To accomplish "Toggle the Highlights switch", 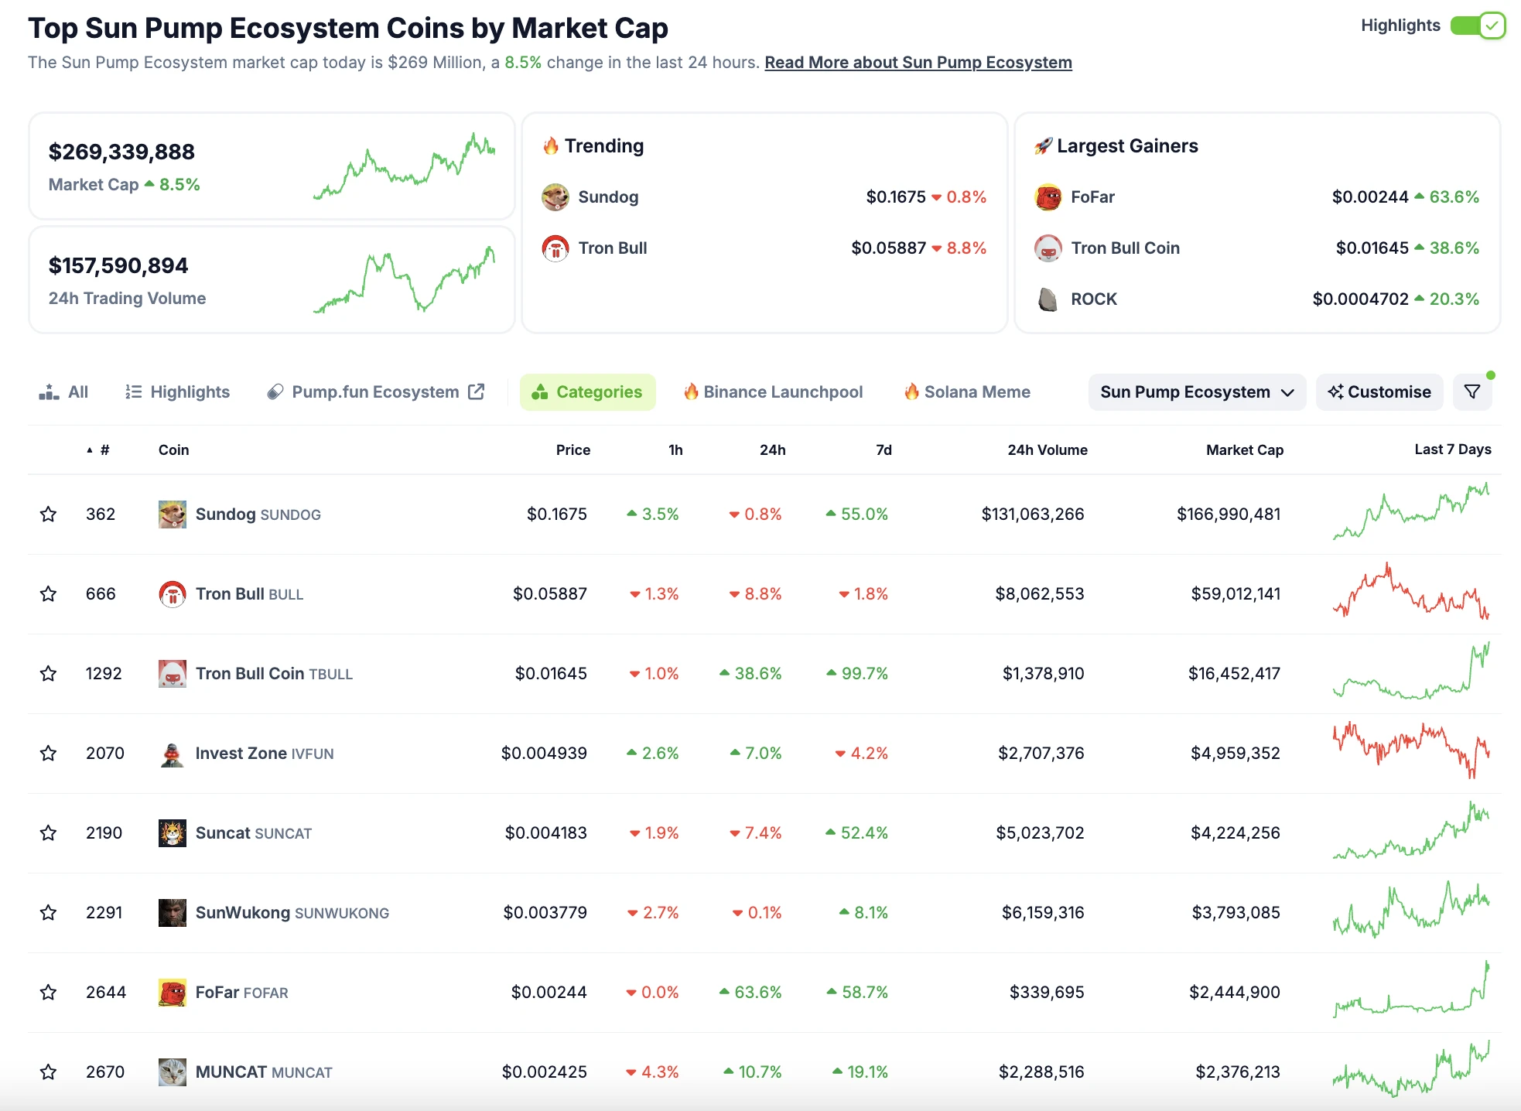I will click(x=1477, y=26).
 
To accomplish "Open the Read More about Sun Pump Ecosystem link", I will click(x=918, y=63).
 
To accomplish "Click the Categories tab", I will click(x=588, y=392).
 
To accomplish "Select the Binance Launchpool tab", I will click(x=773, y=392).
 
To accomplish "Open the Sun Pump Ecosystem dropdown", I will click(x=1196, y=392).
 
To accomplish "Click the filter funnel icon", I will click(x=1472, y=392).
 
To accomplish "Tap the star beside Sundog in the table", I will click(x=49, y=514).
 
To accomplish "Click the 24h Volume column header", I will click(x=1047, y=450).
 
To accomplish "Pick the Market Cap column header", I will click(x=1244, y=450).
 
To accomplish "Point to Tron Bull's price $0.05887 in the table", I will click(x=549, y=594).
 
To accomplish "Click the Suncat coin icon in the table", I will click(x=172, y=833).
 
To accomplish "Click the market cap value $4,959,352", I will click(x=1235, y=754).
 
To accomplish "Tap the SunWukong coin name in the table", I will click(x=243, y=913).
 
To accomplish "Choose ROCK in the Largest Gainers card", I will click(x=1093, y=299).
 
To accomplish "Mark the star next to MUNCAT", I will click(x=49, y=1072).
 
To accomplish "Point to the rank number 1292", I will click(x=104, y=674).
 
